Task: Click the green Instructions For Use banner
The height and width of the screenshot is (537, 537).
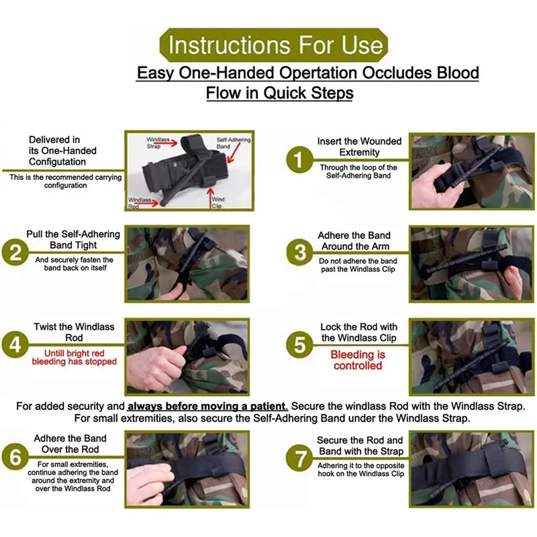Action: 274,45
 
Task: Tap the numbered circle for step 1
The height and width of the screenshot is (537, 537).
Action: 299,160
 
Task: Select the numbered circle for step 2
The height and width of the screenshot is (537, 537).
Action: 15,253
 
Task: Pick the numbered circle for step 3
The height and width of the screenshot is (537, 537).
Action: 299,253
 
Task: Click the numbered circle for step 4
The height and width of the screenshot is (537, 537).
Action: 15,344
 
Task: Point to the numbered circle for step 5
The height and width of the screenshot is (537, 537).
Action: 299,344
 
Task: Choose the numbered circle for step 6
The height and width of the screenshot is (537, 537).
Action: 15,457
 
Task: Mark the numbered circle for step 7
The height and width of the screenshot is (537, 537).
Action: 299,458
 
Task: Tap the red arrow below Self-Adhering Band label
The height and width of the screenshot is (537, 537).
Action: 234,153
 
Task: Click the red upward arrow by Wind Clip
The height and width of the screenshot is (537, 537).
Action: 210,197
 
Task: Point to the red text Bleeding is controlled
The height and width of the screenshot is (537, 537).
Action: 358,360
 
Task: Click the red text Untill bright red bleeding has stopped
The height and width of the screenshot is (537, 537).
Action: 75,357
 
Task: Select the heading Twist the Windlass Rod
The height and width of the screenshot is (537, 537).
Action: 74,332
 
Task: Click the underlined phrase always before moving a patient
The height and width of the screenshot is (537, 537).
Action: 207,406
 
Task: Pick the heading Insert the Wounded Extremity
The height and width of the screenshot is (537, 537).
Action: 359,146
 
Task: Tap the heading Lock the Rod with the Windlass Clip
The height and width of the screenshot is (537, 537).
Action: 359,332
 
